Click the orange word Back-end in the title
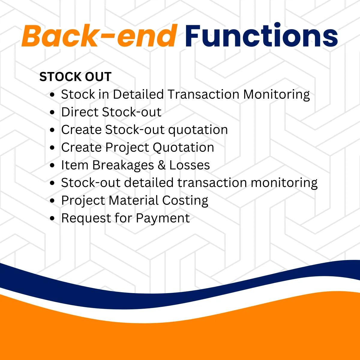99,36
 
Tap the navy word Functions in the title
261,35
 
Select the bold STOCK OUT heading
76,77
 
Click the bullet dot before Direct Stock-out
52,112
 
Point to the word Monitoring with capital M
277,94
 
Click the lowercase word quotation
198,130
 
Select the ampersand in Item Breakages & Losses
162,165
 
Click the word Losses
190,165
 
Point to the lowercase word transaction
212,183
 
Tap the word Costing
185,201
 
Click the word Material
133,200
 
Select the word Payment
163,218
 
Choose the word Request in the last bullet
86,218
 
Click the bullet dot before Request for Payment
52,218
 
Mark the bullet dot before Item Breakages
52,165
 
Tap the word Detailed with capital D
138,94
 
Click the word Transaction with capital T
203,94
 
